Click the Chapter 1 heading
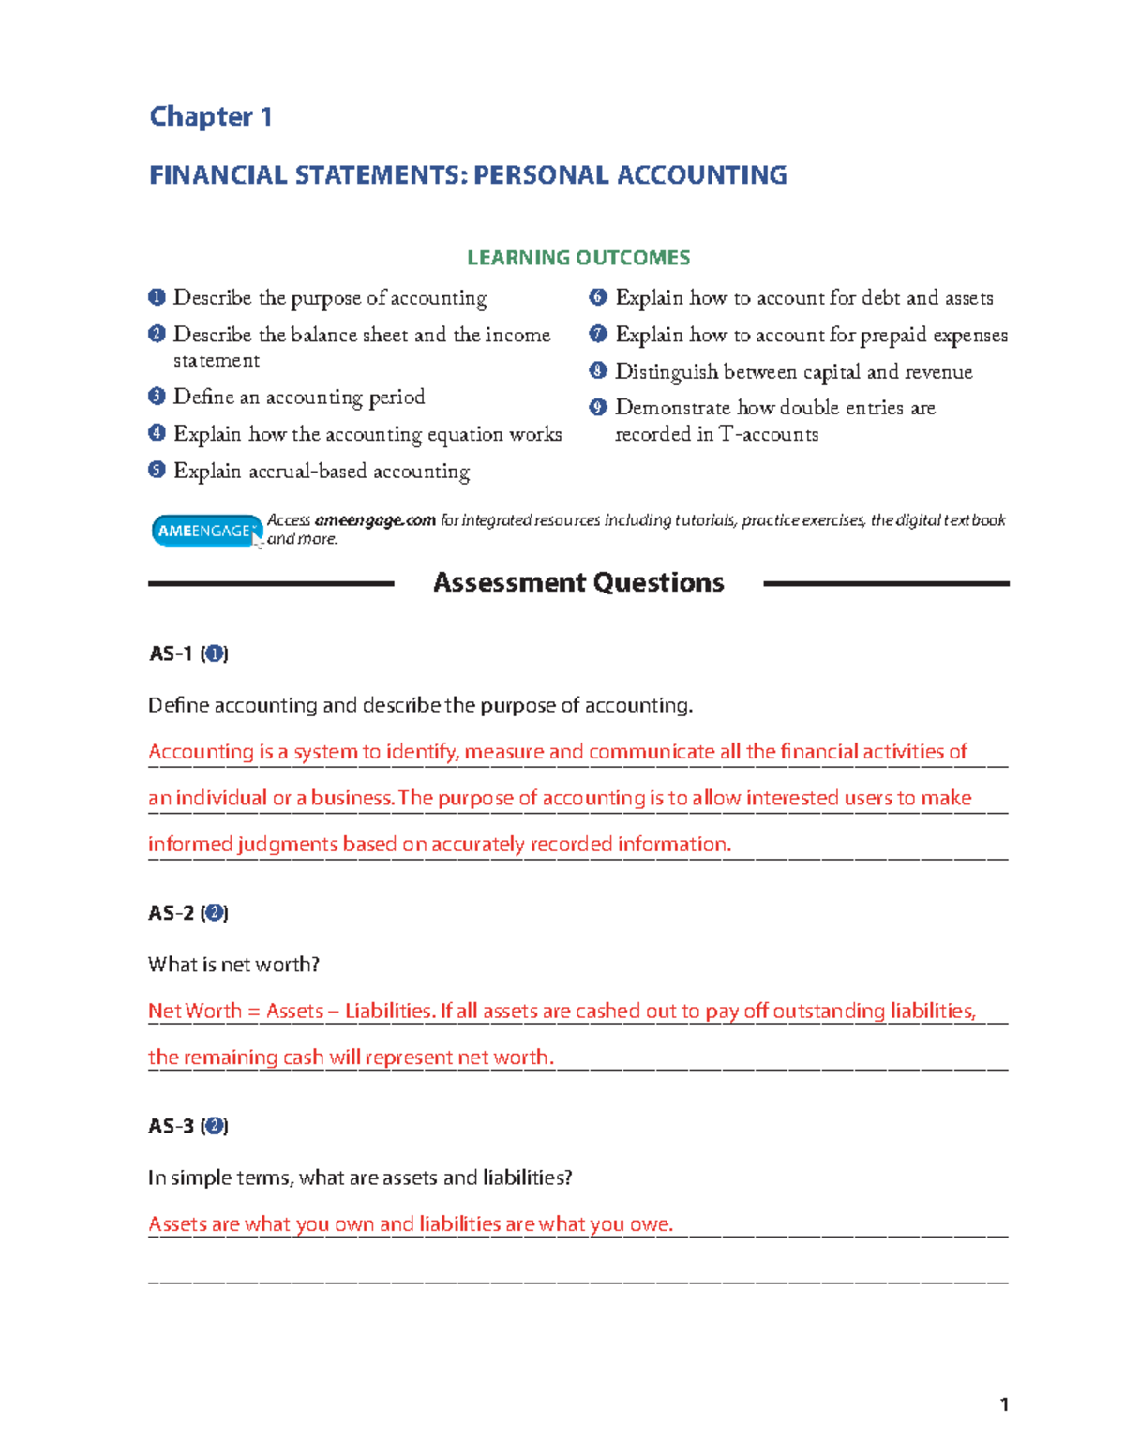pyautogui.click(x=211, y=116)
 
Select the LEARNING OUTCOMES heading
pyautogui.click(x=578, y=258)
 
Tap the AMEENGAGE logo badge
pyautogui.click(x=206, y=531)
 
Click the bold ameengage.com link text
pyautogui.click(x=375, y=520)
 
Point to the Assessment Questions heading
pyautogui.click(x=578, y=583)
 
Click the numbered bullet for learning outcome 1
pyautogui.click(x=157, y=297)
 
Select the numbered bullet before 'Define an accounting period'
pyautogui.click(x=157, y=397)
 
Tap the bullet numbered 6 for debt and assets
pyautogui.click(x=598, y=297)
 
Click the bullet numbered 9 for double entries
pyautogui.click(x=598, y=407)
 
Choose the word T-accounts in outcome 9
pyautogui.click(x=768, y=434)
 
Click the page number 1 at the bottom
pyautogui.click(x=1004, y=1404)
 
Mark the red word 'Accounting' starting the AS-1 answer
pyautogui.click(x=201, y=752)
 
